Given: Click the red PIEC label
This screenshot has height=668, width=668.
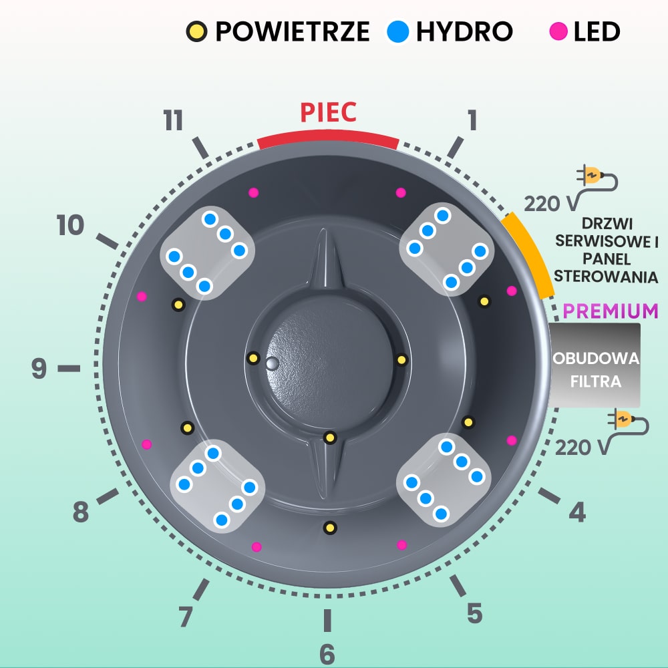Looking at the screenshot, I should [328, 112].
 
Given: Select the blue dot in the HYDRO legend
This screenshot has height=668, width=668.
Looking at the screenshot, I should [398, 31].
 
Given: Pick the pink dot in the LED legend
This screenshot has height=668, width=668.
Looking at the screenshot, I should [559, 31].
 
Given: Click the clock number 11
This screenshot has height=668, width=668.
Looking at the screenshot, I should [173, 121].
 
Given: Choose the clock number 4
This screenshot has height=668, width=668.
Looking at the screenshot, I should [577, 512].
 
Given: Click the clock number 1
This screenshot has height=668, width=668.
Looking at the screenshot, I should [472, 121].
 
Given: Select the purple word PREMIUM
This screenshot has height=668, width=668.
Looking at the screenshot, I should [610, 311].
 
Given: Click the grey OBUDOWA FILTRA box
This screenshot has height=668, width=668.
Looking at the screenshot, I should [595, 366].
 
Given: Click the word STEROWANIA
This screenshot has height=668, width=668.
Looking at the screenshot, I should [606, 276].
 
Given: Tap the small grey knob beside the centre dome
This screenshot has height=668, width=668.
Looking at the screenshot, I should [271, 363].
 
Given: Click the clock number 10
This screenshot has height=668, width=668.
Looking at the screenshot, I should [71, 226].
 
